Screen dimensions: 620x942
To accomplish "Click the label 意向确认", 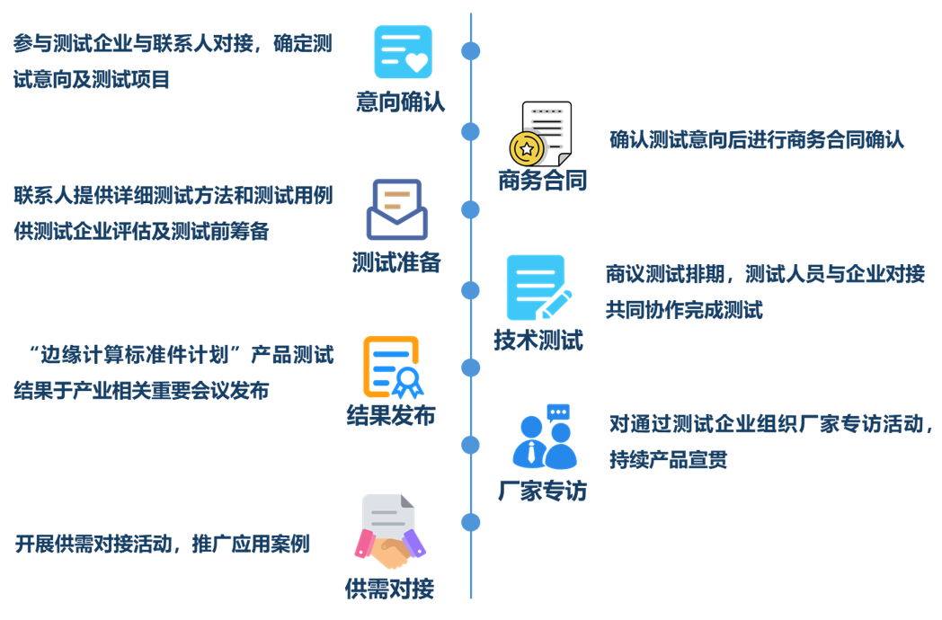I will [400, 102].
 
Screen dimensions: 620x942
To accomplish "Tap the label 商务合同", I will [542, 181].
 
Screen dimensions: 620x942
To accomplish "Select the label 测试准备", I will [396, 261].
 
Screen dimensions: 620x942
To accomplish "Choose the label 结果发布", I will [391, 415].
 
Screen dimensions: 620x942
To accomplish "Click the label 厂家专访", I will [542, 491].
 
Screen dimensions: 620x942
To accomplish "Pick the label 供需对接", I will [389, 589].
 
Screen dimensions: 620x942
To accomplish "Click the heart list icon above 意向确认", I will [403, 52].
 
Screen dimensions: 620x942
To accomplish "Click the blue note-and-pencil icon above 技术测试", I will [538, 288].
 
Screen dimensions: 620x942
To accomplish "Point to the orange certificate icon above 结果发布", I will [392, 367].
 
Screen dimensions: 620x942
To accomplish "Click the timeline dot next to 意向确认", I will [470, 51].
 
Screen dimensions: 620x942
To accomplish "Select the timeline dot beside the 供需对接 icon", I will [470, 522].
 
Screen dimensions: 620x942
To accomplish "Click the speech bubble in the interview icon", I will [557, 413].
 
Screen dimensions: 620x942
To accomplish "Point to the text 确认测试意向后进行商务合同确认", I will [756, 139].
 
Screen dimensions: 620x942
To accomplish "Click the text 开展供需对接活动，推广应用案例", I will [163, 544].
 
